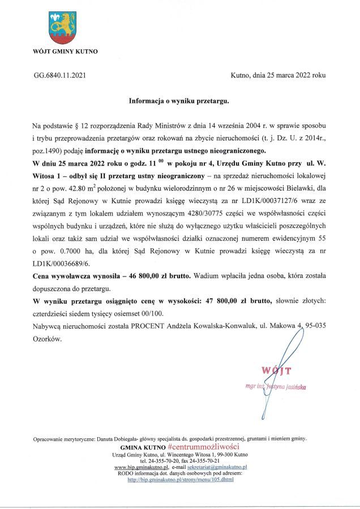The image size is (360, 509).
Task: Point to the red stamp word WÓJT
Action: click(276, 371)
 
